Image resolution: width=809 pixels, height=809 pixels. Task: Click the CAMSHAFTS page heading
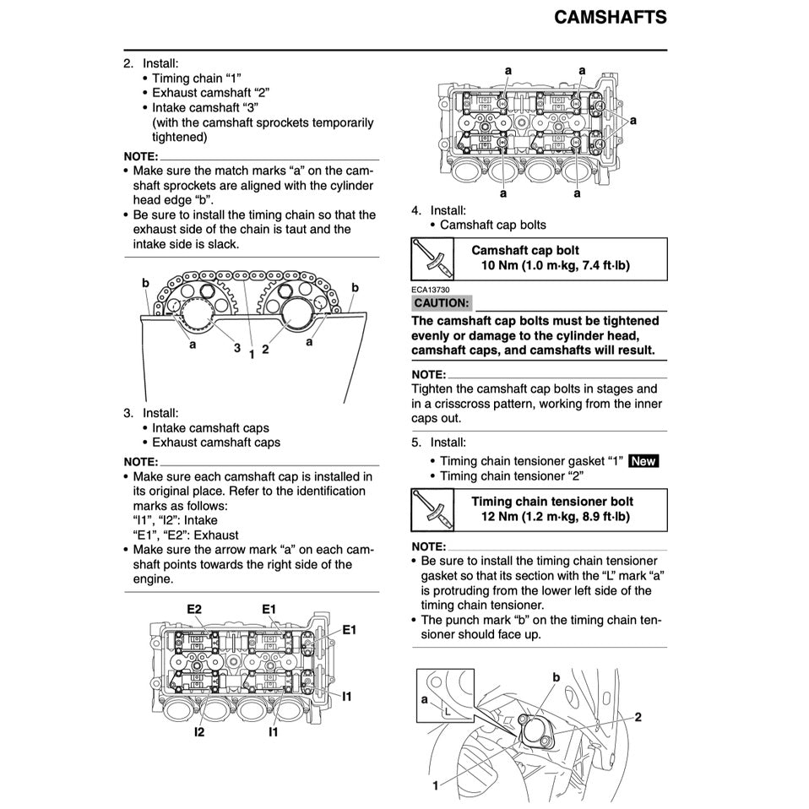click(610, 18)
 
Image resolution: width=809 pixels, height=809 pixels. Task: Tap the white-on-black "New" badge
click(643, 461)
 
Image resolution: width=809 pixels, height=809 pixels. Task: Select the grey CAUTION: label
click(441, 303)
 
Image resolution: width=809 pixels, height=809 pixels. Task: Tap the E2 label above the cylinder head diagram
click(194, 609)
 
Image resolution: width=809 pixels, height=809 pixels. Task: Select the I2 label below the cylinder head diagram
click(198, 732)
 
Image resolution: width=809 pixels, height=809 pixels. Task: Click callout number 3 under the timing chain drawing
click(237, 347)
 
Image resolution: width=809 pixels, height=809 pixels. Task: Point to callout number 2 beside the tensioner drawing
click(638, 717)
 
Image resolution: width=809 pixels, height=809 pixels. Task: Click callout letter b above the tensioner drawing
click(556, 677)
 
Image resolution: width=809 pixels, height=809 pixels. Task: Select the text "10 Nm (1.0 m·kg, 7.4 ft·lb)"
click(555, 266)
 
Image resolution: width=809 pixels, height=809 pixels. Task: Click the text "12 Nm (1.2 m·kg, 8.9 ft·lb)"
click(557, 517)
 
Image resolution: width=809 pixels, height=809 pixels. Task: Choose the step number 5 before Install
click(415, 443)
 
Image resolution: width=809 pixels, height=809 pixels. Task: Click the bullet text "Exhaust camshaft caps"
click(216, 443)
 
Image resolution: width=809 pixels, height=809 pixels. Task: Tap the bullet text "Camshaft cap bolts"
click(493, 225)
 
